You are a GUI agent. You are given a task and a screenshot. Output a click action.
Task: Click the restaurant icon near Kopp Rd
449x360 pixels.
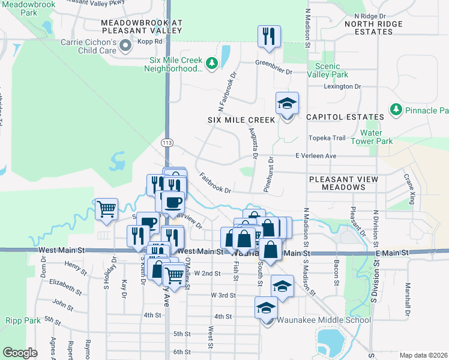269,36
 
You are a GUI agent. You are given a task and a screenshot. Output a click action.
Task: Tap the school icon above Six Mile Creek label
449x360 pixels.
287,103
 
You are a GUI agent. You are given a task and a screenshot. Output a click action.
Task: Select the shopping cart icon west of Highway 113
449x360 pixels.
106,209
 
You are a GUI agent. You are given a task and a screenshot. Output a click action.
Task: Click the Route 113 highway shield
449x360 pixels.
167,142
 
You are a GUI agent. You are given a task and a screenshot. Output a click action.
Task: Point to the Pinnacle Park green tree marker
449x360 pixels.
396,110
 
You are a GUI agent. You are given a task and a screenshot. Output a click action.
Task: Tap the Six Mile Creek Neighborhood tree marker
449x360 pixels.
211,63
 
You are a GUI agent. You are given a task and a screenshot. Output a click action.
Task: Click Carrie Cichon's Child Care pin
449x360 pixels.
125,46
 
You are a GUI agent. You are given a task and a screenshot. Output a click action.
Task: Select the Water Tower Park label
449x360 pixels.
376,137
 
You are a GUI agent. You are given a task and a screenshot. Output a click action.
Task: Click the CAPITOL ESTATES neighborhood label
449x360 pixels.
344,117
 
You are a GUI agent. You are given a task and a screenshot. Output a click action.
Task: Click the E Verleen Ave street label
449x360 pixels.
316,156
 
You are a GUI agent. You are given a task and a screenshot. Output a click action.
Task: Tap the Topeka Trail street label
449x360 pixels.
327,138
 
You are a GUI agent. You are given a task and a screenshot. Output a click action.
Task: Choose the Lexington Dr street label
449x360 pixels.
342,86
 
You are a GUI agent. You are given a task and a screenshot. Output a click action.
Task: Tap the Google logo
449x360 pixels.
19,353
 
